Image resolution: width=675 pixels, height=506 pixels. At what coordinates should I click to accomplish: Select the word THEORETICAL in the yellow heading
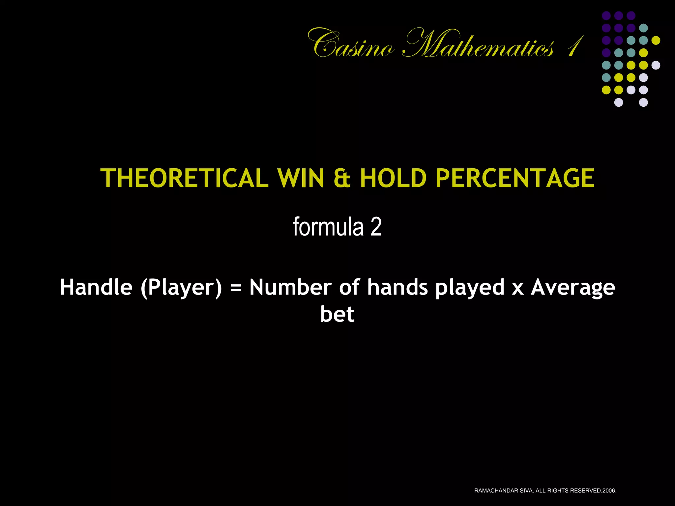tap(185, 178)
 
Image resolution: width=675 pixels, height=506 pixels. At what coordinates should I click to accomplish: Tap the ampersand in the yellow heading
tap(342, 178)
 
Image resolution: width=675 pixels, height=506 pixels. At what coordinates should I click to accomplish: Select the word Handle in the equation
tap(96, 287)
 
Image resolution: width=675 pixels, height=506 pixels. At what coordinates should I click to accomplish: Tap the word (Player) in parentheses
tap(181, 288)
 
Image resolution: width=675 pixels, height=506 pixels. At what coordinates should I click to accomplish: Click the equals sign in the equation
tap(236, 288)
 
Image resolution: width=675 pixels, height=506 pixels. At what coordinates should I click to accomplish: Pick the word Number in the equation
tap(290, 287)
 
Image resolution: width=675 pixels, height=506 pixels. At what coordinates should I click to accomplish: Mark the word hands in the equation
tap(397, 287)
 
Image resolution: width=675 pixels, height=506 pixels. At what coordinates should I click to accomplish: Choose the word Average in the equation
tap(573, 288)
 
